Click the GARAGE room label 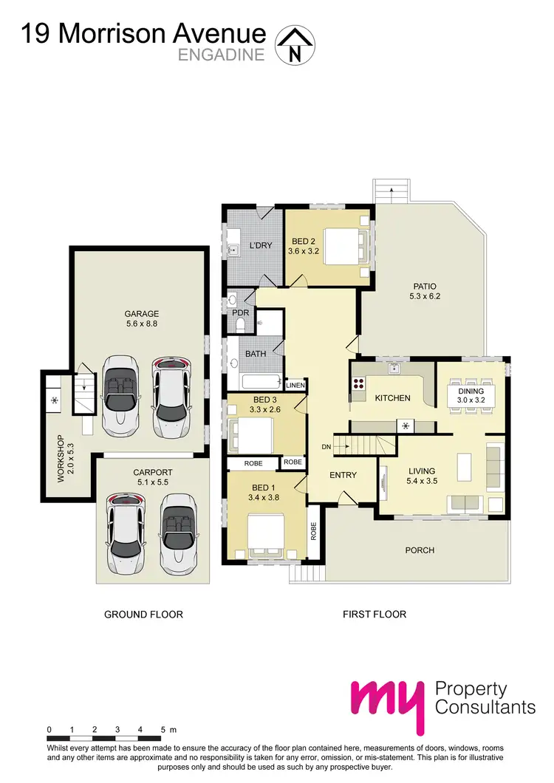pyautogui.click(x=141, y=314)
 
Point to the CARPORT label pyautogui.click(x=152, y=472)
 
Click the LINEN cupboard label pyautogui.click(x=295, y=386)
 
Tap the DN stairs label pyautogui.click(x=326, y=447)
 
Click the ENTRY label pyautogui.click(x=343, y=475)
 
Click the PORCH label pyautogui.click(x=420, y=550)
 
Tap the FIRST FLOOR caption pyautogui.click(x=375, y=614)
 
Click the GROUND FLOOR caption pyautogui.click(x=143, y=614)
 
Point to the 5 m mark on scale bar pyautogui.click(x=161, y=730)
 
